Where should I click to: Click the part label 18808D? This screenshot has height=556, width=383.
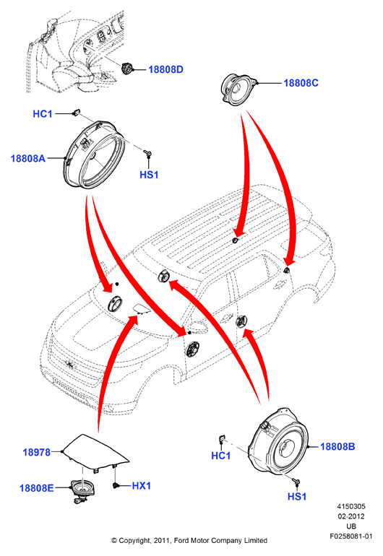(x=165, y=69)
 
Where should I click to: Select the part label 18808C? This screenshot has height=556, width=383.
(x=301, y=83)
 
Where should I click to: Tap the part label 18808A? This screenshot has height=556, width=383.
(x=28, y=158)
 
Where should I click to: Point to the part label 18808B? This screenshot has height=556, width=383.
(x=337, y=446)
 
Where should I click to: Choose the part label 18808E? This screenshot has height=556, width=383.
(x=37, y=488)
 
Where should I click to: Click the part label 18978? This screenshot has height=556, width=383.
(x=37, y=452)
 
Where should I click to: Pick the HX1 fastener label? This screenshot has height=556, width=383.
(x=141, y=485)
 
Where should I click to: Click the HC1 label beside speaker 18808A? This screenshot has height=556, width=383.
(x=43, y=114)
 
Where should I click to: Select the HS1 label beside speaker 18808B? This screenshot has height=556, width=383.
(x=297, y=497)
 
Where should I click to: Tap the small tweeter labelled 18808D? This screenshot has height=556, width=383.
(x=126, y=68)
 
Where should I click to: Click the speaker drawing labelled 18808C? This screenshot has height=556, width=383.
(x=238, y=89)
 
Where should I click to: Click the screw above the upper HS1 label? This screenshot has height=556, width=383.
(x=148, y=154)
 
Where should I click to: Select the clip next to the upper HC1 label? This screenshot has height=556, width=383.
(x=76, y=113)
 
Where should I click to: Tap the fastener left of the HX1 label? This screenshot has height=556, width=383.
(x=115, y=485)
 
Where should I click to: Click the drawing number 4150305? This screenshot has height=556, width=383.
(x=351, y=506)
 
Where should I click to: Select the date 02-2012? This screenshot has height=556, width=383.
(x=351, y=516)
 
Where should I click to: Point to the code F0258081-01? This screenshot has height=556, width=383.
(x=351, y=536)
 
